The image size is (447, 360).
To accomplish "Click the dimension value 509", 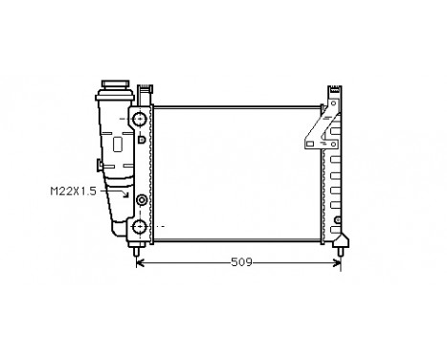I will click(240, 262).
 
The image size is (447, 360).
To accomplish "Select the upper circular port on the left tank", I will click(140, 120).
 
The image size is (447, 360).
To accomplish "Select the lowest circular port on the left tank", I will click(140, 228).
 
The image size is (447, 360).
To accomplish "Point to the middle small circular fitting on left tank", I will click(142, 199).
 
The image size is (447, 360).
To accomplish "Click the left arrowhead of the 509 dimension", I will click(142, 261).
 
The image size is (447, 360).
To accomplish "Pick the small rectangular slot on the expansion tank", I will click(118, 146).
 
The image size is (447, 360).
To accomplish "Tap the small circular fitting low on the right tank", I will click(338, 222).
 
